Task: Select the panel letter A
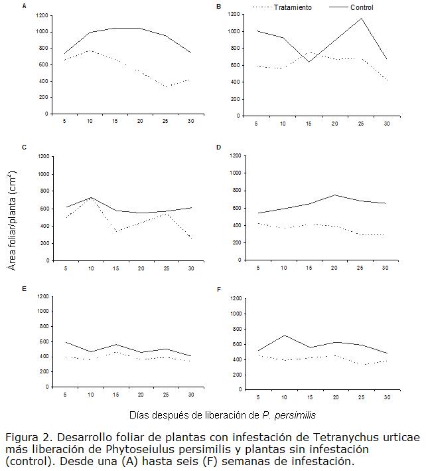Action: tap(25, 6)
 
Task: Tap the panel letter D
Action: tap(219, 147)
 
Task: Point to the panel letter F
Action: tap(219, 290)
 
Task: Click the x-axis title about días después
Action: tap(222, 415)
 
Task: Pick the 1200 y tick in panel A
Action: tap(41, 15)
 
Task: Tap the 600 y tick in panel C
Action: tap(43, 208)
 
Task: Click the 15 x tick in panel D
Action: tap(309, 268)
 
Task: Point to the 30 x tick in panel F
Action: tap(386, 397)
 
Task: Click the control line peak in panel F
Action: tap(284, 335)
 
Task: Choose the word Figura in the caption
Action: tap(21, 438)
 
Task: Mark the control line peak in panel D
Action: tap(335, 195)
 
